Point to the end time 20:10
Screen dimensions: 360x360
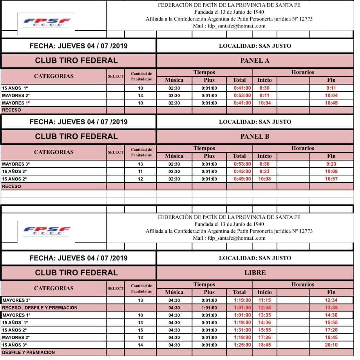tap(331, 345)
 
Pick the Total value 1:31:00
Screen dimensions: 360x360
tap(242, 330)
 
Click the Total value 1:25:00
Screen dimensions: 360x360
tap(242, 345)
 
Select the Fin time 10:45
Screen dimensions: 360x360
tap(331, 103)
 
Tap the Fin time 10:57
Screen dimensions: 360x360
tap(331, 179)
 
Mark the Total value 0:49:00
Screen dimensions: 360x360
tap(242, 179)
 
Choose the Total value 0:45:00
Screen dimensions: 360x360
tap(242, 172)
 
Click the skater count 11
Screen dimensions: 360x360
tap(141, 172)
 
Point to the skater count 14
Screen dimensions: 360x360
tap(141, 345)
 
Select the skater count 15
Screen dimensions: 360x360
tap(141, 330)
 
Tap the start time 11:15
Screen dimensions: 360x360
tap(264, 300)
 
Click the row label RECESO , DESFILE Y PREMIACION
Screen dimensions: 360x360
tap(40, 308)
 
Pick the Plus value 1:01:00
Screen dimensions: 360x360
tap(209, 308)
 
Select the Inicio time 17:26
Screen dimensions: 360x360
tap(264, 338)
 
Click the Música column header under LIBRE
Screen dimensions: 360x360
tap(174, 292)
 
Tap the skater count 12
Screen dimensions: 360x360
tap(141, 179)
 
